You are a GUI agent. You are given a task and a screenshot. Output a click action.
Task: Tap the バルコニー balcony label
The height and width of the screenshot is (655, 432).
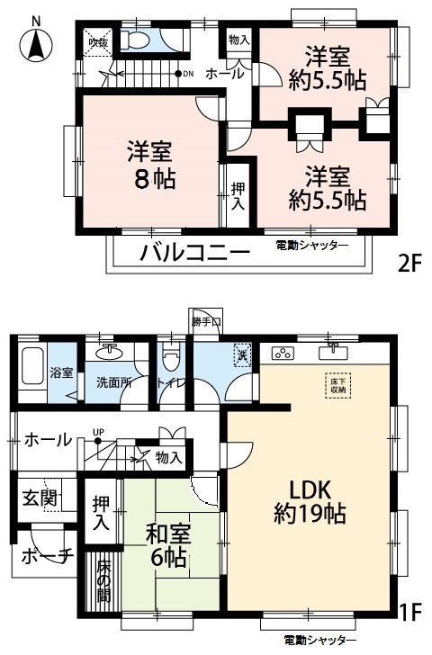(x=193, y=252)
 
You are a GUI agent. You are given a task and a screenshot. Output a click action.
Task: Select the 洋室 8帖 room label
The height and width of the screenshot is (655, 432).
(x=149, y=164)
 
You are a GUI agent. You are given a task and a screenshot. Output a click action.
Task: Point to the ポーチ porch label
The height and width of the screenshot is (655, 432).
(x=45, y=556)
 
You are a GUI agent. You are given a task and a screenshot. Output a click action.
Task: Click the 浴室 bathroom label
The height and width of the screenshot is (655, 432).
(x=61, y=372)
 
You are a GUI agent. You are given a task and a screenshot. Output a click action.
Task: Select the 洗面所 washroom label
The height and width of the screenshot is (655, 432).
(x=113, y=381)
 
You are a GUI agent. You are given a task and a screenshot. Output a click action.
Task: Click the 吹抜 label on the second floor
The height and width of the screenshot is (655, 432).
(x=96, y=40)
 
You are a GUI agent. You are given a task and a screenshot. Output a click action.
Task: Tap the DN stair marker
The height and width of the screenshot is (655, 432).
(x=184, y=74)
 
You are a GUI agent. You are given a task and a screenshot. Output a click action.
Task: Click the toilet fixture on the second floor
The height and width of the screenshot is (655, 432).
(x=139, y=40)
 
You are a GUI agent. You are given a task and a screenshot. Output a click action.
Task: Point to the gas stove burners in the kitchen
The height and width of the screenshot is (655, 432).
(x=284, y=352)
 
